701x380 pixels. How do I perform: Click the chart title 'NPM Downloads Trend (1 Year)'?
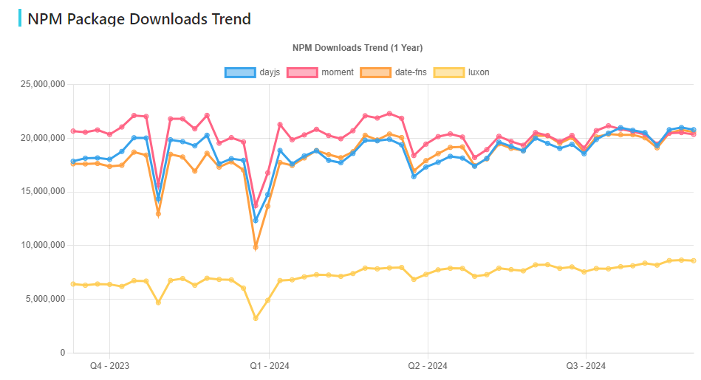(x=357, y=48)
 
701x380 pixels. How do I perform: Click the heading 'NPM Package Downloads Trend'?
(x=139, y=18)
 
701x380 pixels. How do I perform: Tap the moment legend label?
(x=338, y=72)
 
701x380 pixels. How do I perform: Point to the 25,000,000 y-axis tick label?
(x=41, y=84)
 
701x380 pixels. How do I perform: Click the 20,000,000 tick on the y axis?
(x=41, y=138)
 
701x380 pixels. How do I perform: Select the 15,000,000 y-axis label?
(x=41, y=192)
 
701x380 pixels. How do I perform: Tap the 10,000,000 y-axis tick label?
(x=41, y=246)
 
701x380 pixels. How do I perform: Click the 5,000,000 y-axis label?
(x=44, y=300)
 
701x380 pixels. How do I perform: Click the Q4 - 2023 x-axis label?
(x=109, y=366)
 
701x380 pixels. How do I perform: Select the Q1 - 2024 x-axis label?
(x=269, y=366)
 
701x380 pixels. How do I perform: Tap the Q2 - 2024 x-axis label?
(x=427, y=366)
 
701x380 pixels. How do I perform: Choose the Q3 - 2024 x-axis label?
(x=586, y=366)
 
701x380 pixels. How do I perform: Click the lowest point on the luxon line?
(x=256, y=318)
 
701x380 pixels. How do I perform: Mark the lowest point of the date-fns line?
(x=256, y=247)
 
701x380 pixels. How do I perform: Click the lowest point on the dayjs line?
(x=256, y=220)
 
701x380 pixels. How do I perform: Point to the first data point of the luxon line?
(x=73, y=284)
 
